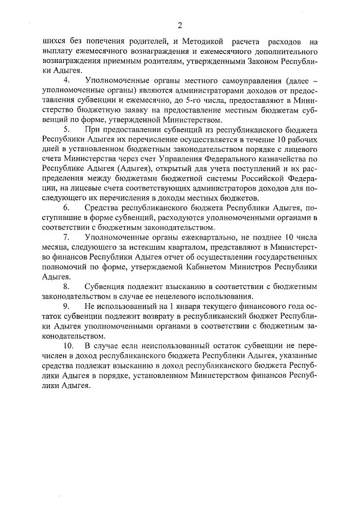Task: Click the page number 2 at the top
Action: [x=180, y=25]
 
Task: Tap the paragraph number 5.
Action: [x=66, y=130]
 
